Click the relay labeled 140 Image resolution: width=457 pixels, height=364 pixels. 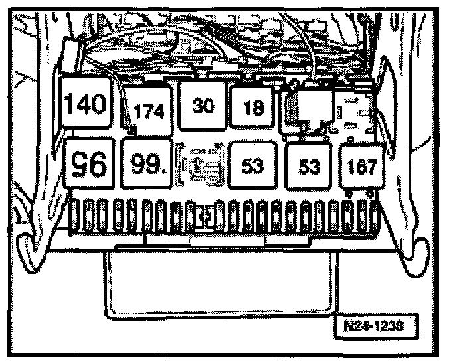click(x=87, y=103)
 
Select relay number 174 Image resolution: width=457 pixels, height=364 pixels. click(x=149, y=110)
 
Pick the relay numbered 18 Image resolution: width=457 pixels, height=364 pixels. click(x=254, y=109)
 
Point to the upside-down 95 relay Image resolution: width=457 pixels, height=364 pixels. click(x=90, y=161)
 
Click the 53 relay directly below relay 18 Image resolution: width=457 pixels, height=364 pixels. click(x=252, y=165)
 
